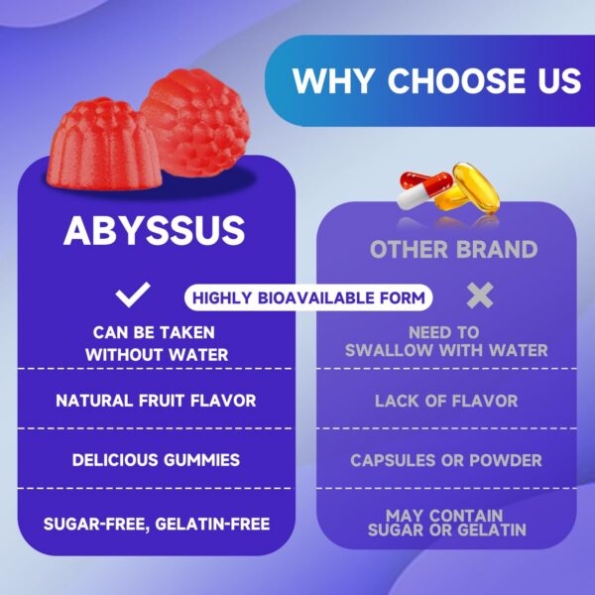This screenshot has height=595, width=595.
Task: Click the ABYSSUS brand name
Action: point(154,230)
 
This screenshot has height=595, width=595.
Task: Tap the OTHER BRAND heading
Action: point(453,248)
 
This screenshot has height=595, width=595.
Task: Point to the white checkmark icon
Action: point(133,295)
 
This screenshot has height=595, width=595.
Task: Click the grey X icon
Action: point(480,295)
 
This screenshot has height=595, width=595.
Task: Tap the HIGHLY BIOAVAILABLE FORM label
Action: point(309,297)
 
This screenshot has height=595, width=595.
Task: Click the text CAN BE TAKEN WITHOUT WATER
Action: point(155,343)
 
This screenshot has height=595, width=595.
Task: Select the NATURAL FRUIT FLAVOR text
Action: point(156,401)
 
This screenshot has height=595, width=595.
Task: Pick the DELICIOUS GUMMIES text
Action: point(156,460)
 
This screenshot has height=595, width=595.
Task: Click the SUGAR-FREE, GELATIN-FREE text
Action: point(156,523)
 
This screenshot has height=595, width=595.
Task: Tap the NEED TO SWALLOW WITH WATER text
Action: point(445,342)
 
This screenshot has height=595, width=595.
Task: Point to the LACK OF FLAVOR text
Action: point(445,401)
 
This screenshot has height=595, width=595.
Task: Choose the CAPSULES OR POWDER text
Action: point(445,460)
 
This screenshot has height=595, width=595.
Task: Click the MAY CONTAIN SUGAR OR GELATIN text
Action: point(445,523)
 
